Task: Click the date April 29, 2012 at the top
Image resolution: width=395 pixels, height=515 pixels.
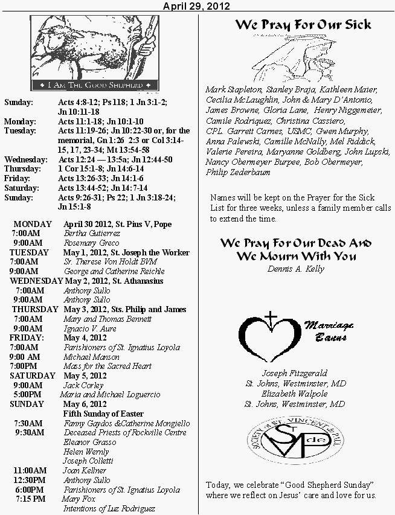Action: point(196,6)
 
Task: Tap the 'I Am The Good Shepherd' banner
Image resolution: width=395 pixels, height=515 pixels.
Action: point(95,86)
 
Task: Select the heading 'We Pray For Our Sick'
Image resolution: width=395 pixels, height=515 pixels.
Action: point(303,25)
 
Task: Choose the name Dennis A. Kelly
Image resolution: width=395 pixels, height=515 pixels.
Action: point(295,269)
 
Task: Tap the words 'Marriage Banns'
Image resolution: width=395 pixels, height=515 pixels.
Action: point(329,331)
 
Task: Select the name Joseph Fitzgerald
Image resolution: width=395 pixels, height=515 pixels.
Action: point(295,373)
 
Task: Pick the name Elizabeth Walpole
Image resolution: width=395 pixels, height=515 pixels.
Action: point(295,394)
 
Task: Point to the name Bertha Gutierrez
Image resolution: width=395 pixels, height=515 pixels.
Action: point(92,234)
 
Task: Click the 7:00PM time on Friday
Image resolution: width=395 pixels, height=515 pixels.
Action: point(24,366)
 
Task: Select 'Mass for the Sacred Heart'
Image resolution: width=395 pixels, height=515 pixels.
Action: point(108,366)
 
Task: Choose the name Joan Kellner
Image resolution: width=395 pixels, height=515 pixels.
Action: point(85,470)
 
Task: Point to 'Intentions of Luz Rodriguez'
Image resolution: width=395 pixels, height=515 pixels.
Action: point(109,508)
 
